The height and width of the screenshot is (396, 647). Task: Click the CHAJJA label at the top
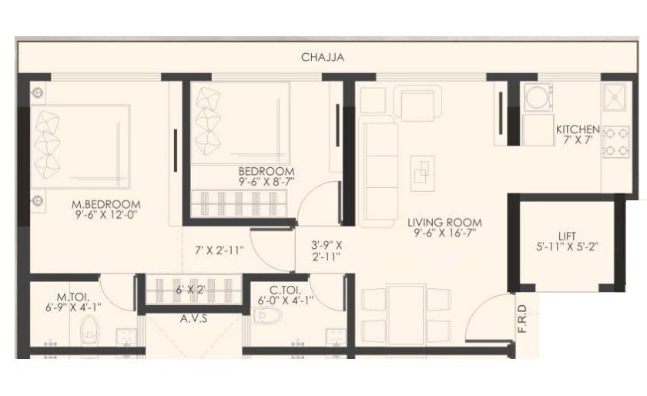click(323, 57)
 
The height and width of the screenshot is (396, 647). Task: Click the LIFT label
click(568, 236)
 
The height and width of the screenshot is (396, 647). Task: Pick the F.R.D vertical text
click(521, 319)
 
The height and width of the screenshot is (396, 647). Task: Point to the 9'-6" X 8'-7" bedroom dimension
click(267, 183)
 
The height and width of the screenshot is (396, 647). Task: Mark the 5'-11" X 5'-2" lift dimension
click(568, 248)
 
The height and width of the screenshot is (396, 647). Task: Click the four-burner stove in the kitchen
click(614, 142)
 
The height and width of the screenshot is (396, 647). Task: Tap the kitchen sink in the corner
click(614, 99)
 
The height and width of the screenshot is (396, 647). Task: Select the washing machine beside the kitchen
click(535, 96)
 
